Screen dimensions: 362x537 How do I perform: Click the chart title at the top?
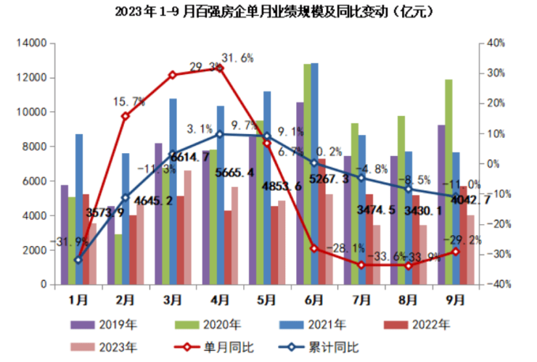[x=268, y=12]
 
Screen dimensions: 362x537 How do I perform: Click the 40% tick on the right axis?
[x=496, y=44]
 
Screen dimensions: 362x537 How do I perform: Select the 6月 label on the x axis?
[x=314, y=298]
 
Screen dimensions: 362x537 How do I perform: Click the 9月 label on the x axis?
[x=456, y=298]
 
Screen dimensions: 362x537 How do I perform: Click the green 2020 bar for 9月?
[x=449, y=181]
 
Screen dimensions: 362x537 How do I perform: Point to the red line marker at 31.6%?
[x=220, y=68]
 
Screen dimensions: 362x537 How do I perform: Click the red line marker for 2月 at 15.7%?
[x=125, y=116]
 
